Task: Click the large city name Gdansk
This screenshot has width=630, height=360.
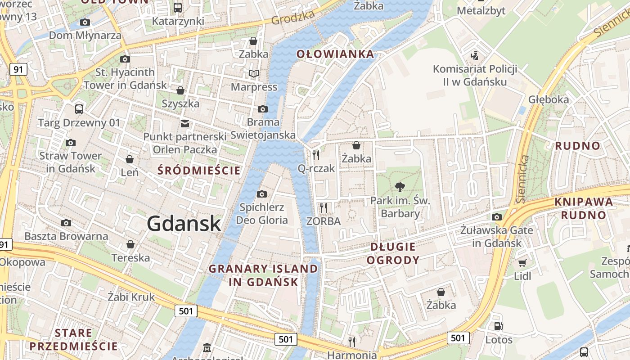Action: pos(184,224)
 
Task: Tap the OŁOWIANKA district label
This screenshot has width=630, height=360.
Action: pos(335,54)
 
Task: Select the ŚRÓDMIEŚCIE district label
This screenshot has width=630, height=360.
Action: pos(199,171)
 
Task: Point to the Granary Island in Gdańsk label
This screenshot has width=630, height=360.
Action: pos(263,275)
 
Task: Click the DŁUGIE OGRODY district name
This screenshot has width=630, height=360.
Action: pos(393,253)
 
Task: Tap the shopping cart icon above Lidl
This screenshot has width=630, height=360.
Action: pos(522,263)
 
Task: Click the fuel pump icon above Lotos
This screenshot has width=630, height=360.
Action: pos(498,326)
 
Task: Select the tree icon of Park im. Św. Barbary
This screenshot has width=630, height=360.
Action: pos(400,187)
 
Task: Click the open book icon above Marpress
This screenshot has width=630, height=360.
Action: pos(254,73)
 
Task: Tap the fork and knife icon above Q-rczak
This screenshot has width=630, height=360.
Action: pos(316,155)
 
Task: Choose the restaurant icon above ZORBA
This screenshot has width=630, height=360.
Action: pos(323,207)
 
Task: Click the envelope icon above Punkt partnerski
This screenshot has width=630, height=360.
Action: pos(184,123)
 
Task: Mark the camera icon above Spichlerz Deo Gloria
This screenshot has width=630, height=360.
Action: pos(261,194)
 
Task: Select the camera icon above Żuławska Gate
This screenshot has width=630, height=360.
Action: pos(496,217)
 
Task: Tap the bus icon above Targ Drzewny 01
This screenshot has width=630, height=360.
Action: pos(79,109)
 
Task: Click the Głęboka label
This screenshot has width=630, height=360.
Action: pos(548,99)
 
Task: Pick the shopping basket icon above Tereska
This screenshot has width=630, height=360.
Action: pos(130,244)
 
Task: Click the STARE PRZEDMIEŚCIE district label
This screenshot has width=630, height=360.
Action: pos(73,340)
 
